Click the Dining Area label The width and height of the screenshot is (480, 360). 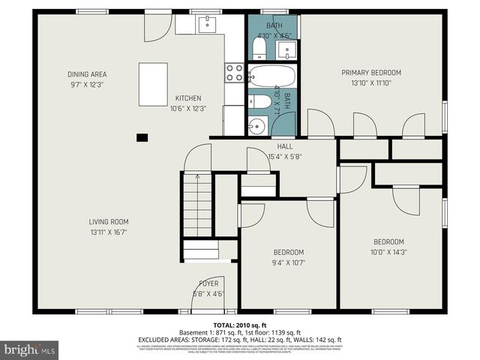tap(87, 73)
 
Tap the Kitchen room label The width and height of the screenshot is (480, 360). tap(187, 98)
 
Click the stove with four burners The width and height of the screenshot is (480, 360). tap(234, 73)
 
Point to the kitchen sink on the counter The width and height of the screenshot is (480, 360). tap(207, 25)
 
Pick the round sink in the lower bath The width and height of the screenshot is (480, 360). tap(256, 125)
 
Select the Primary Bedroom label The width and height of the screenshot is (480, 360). tap(371, 73)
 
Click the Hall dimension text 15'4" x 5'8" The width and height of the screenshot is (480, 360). tap(285, 157)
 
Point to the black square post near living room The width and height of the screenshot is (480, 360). tap(142, 137)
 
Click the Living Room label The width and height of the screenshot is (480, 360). tap(109, 221)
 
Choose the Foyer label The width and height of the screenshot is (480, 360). tap(208, 283)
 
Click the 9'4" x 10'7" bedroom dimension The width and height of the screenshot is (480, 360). tap(288, 262)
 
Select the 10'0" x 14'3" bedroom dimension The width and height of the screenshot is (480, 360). tap(388, 252)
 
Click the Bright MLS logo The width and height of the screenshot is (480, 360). tap(30, 349)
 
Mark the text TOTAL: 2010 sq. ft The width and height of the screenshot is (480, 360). tap(240, 324)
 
